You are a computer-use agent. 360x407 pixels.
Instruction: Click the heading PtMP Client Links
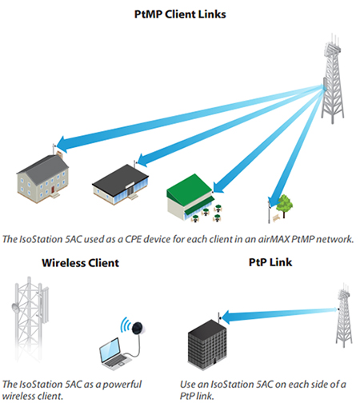click(180, 14)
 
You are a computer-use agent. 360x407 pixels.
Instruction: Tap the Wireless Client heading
click(80, 263)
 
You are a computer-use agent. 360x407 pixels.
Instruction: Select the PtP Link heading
click(270, 262)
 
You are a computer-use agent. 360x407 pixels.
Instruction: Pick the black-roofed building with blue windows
click(120, 185)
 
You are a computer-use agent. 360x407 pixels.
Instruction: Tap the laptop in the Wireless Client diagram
click(114, 353)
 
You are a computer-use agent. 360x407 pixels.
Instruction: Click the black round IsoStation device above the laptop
click(138, 327)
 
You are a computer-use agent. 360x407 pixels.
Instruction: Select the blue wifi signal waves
click(125, 325)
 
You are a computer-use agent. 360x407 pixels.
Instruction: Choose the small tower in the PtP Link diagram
click(344, 315)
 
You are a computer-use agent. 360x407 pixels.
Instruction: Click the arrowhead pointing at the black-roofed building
click(143, 160)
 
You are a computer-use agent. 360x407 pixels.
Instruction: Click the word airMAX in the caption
click(274, 239)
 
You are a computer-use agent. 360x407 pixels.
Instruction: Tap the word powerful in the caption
click(122, 385)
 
